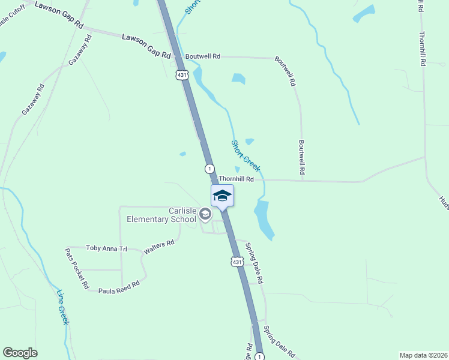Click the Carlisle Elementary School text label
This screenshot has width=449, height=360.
[161, 215]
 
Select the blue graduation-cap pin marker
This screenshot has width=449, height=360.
[222, 196]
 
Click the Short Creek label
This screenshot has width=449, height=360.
[246, 156]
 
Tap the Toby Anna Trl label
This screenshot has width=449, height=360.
[107, 248]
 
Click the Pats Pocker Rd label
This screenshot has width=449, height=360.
[77, 269]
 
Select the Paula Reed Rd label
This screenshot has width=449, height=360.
[120, 286]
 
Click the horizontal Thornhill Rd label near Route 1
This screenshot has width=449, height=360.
[236, 179]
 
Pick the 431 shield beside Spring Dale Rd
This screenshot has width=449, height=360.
[237, 262]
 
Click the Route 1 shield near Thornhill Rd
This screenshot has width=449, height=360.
[209, 169]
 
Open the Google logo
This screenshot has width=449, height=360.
[20, 353]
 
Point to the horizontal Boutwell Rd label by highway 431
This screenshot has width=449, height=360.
[203, 56]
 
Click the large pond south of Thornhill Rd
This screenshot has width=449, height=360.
[264, 218]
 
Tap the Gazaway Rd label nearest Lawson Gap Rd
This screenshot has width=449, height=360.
[80, 50]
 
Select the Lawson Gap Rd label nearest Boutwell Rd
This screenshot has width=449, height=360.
[146, 46]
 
